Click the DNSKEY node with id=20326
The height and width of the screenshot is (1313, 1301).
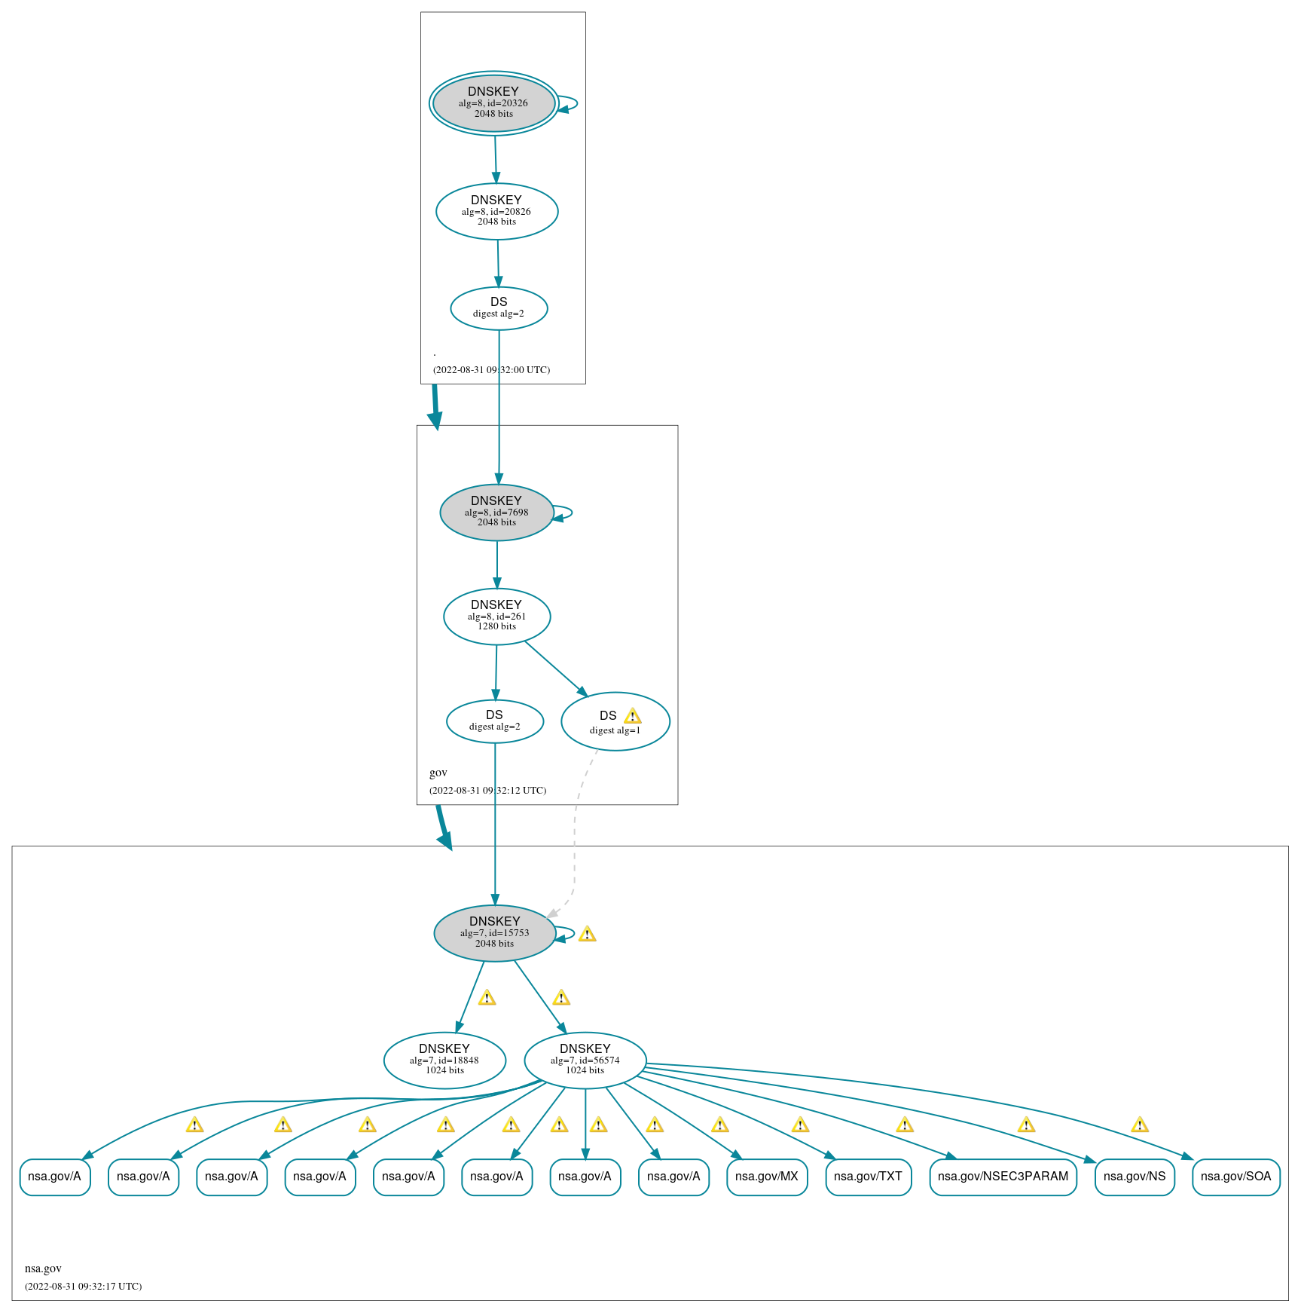click(493, 103)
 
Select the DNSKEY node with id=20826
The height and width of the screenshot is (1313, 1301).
click(496, 211)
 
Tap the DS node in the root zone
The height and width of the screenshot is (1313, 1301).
click(499, 308)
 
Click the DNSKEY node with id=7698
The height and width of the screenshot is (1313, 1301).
click(496, 512)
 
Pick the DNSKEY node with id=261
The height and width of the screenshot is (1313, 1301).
click(496, 616)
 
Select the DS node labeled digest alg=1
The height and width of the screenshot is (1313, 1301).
click(615, 721)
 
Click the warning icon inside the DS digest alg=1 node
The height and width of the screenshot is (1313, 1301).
click(633, 716)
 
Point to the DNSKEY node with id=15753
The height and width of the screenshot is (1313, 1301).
click(494, 932)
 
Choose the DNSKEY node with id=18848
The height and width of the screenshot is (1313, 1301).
click(444, 1060)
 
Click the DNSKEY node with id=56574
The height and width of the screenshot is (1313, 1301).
click(585, 1060)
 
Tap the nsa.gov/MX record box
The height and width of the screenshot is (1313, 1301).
click(766, 1177)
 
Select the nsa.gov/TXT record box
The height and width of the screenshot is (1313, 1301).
click(868, 1177)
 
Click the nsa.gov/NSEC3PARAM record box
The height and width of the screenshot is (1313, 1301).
click(1003, 1177)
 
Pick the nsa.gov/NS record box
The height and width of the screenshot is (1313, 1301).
click(1134, 1177)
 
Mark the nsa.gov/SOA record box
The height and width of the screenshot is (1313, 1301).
click(1235, 1177)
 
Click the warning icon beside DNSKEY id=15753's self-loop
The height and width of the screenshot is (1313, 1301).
click(587, 935)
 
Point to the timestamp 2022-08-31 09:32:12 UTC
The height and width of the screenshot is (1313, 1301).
click(487, 791)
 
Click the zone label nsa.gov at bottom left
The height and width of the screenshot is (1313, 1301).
click(43, 1269)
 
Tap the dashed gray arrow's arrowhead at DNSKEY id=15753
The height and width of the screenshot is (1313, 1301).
click(552, 914)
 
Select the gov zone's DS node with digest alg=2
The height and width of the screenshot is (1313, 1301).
click(494, 721)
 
